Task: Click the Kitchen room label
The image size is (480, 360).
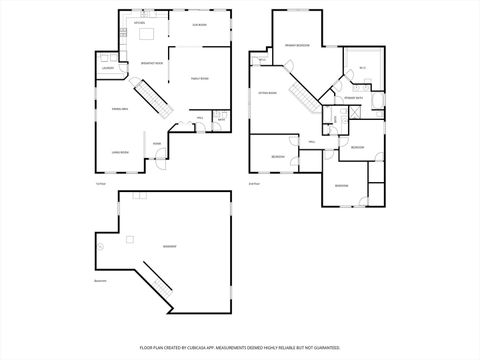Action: tap(126, 22)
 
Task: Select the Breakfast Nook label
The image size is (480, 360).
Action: tap(152, 63)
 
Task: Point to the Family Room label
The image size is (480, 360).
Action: tap(200, 78)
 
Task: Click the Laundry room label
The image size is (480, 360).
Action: tap(107, 68)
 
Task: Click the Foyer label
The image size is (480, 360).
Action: tap(157, 143)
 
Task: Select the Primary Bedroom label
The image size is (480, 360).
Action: tap(295, 46)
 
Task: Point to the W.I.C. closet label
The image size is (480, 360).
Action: tap(362, 67)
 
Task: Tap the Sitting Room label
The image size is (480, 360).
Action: tap(267, 91)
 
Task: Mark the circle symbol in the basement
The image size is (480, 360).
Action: tap(100, 246)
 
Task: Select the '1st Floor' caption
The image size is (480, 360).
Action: tap(100, 183)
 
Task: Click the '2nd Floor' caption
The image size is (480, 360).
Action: tap(254, 183)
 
